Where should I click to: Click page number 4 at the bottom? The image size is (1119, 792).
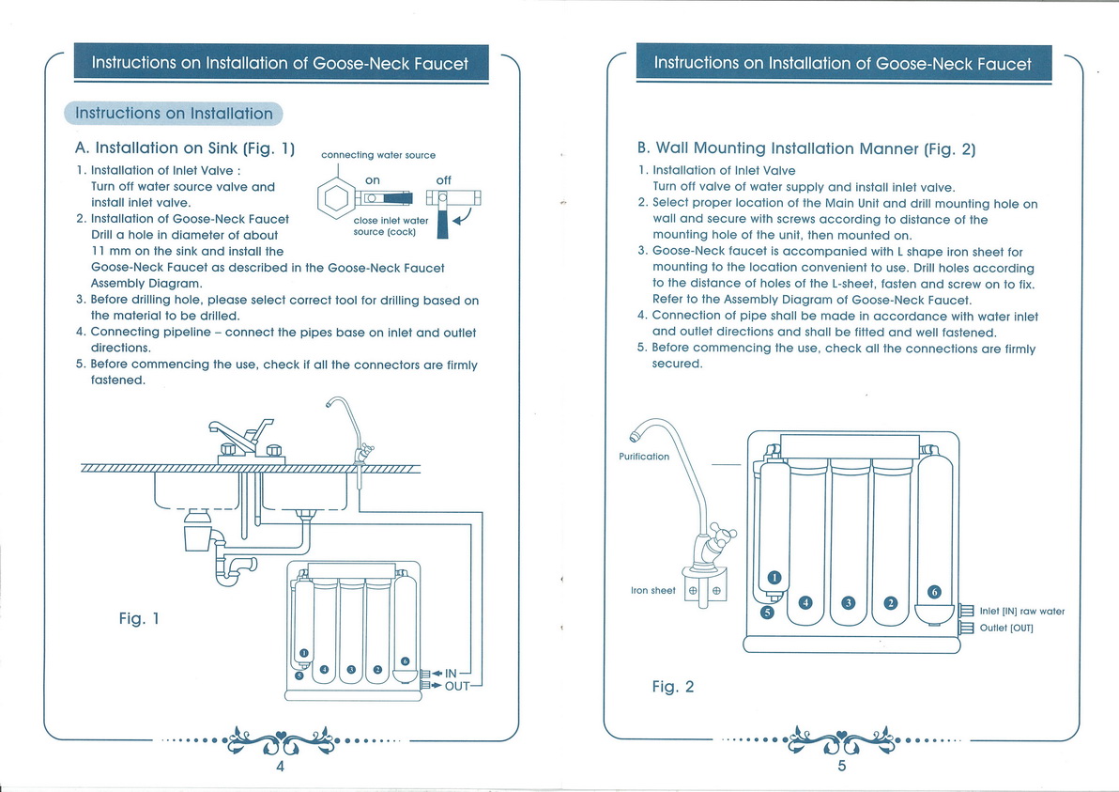(x=280, y=767)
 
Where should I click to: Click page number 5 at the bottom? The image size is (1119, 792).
(x=842, y=767)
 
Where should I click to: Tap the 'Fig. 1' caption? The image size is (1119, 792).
(x=138, y=618)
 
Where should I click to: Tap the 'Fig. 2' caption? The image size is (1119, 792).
(x=672, y=687)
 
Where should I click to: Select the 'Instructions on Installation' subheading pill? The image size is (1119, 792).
(x=174, y=114)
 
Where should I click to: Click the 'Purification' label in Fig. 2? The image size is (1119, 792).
(x=644, y=457)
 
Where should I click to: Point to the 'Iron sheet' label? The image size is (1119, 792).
(x=652, y=590)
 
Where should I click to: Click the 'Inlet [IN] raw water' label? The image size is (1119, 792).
(x=1021, y=612)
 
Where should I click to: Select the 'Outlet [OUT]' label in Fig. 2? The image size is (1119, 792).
(x=1005, y=628)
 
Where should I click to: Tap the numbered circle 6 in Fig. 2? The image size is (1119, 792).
(x=933, y=591)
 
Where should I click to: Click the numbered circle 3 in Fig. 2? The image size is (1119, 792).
(x=848, y=602)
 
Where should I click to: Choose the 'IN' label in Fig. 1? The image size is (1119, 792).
(x=451, y=673)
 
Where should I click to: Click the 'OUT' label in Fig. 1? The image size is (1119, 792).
(x=456, y=686)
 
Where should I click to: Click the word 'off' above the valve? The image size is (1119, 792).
(x=444, y=179)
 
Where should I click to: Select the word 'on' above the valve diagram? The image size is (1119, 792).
(x=373, y=179)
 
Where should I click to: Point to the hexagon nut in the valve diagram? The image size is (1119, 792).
(x=336, y=198)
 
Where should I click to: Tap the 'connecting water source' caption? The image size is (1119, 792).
(x=377, y=155)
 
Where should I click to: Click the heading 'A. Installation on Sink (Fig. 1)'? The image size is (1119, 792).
(x=185, y=148)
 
